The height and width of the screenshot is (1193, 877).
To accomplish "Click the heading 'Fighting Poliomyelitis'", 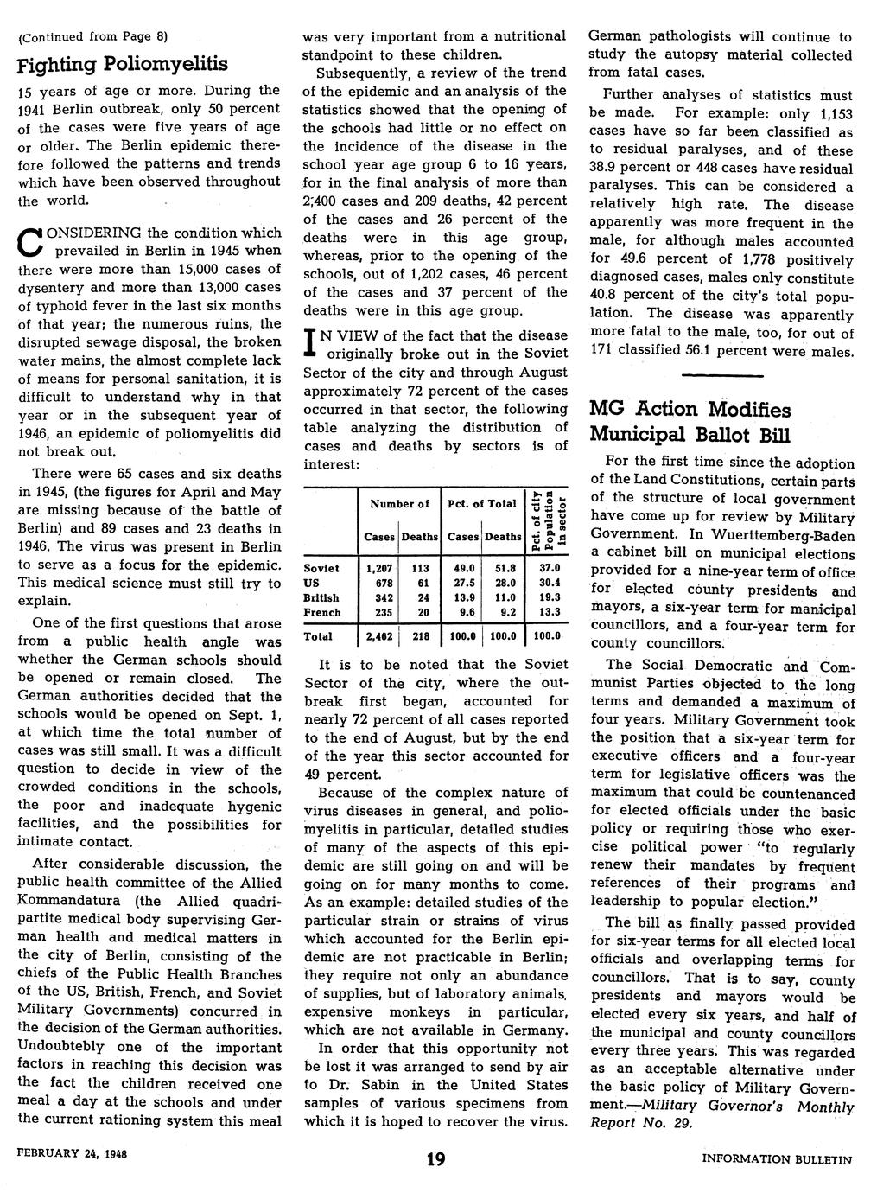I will click(123, 63).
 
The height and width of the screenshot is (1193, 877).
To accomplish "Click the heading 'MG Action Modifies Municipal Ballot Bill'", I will click(690, 420).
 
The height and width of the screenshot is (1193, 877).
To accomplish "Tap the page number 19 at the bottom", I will click(435, 1159).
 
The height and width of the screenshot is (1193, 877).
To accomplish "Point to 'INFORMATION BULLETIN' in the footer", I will click(777, 1159).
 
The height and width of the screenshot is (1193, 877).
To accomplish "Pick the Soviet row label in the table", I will click(321, 568).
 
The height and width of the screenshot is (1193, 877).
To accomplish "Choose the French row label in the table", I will click(322, 612).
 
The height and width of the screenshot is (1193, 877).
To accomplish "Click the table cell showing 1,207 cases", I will click(378, 568).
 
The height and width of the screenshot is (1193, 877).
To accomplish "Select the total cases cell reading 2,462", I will click(378, 635).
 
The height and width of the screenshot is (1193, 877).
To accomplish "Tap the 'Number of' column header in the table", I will click(399, 503).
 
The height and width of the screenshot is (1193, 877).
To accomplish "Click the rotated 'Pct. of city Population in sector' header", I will click(548, 519).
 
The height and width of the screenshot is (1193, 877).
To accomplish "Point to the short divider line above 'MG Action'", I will click(722, 376).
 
